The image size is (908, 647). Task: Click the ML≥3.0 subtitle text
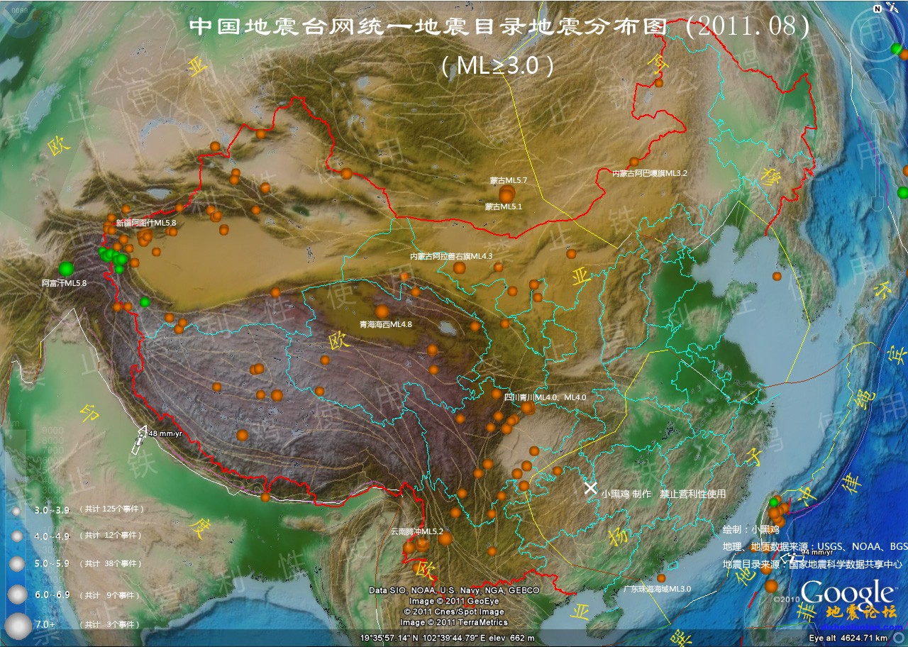(x=497, y=66)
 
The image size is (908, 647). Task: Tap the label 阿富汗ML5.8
(x=64, y=283)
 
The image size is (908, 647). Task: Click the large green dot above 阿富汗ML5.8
(x=66, y=268)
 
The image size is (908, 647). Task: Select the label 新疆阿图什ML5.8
(x=145, y=223)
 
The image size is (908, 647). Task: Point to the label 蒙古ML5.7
(x=509, y=180)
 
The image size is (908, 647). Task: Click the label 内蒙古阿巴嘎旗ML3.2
(x=650, y=172)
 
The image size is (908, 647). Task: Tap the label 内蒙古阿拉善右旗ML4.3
(x=451, y=255)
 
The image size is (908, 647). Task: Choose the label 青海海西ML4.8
(x=386, y=324)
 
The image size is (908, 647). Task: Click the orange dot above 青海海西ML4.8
(x=382, y=311)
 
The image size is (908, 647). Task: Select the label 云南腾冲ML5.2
(x=416, y=531)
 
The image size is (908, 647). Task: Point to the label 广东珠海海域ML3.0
(x=656, y=589)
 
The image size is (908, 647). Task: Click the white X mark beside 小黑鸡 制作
(x=590, y=487)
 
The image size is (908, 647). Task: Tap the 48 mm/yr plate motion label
(x=165, y=433)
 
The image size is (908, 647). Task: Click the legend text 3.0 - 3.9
(x=52, y=509)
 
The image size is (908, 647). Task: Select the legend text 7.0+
(x=45, y=624)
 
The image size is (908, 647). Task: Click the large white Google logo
(x=848, y=593)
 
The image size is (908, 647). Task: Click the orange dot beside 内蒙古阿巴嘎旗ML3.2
(x=634, y=162)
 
